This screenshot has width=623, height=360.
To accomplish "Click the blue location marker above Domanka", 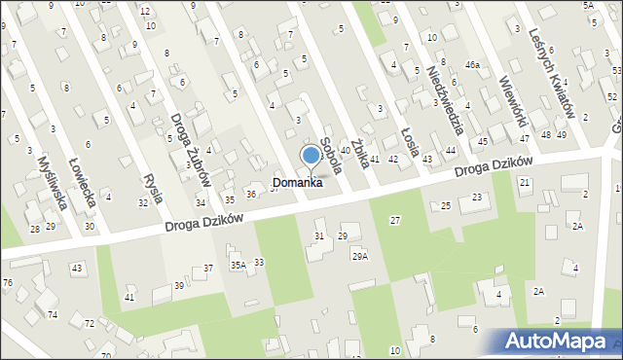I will [x=311, y=155].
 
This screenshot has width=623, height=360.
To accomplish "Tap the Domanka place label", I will [x=297, y=182].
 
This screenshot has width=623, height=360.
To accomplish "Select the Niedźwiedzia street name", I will [x=446, y=101].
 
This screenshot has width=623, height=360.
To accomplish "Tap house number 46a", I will [x=472, y=64].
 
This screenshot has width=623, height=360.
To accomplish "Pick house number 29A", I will [x=360, y=256].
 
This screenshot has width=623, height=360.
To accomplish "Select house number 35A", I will [x=238, y=265].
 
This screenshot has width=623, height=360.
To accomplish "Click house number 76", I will [x=8, y=282].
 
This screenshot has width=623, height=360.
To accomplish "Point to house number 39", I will [x=179, y=285].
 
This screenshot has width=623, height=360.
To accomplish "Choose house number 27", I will [x=394, y=221].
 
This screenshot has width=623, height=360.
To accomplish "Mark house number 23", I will [x=476, y=198].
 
